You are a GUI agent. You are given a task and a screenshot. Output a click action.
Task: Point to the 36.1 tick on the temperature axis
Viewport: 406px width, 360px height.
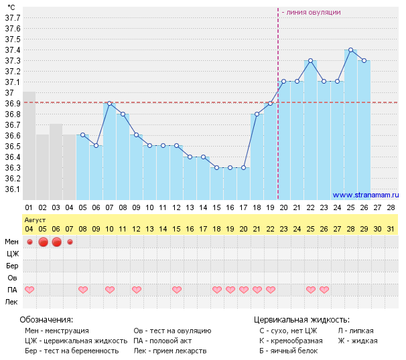pos(13,189)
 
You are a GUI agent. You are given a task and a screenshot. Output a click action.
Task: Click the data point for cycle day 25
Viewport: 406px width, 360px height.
pos(350,50)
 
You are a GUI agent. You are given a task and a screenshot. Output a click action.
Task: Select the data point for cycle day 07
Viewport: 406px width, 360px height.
pos(109,104)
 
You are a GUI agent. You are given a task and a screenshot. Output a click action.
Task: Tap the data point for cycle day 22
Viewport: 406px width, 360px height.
pos(310,61)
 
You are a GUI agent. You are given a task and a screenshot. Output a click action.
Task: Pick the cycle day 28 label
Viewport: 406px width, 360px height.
pos(391,207)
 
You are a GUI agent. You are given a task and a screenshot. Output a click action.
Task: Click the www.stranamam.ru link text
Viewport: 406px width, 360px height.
pos(365,195)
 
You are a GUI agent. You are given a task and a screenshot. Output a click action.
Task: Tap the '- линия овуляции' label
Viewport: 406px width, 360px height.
pos(312,13)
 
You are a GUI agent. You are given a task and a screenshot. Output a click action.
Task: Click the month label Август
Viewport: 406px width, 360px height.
pos(35,219)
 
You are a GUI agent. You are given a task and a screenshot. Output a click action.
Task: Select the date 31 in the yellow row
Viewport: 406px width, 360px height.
pos(391,229)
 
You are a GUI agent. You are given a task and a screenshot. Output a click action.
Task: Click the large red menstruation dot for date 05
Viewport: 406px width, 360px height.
pos(43,242)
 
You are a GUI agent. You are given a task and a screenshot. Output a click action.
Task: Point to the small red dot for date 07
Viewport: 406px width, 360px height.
pos(70,242)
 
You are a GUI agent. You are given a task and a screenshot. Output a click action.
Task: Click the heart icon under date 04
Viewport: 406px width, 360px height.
pos(29,290)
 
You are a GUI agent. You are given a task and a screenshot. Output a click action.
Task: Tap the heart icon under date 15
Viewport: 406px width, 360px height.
pos(177,290)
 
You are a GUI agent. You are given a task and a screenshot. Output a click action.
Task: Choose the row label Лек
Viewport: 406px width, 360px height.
pos(11,302)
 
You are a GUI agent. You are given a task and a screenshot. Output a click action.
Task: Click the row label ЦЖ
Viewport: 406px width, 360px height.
pos(11,254)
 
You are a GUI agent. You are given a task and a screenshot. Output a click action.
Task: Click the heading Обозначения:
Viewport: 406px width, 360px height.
pos(46,320)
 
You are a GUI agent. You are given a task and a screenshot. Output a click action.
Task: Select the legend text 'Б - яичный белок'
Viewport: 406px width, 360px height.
pos(288,351)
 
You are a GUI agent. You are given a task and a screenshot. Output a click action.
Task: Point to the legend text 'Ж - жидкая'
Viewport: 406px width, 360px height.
pos(357,341)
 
